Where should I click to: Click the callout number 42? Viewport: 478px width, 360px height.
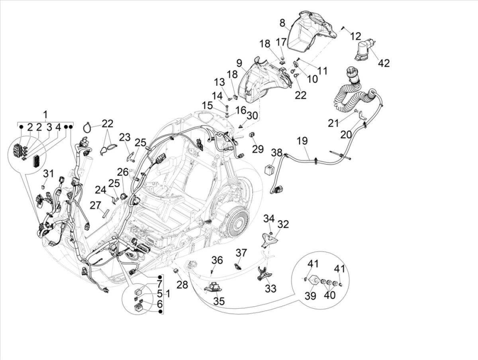tap(384, 63)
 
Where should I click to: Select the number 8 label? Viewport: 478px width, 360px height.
tap(282, 23)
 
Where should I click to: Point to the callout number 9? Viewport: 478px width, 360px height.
tap(239, 63)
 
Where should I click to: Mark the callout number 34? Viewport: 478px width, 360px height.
tap(269, 218)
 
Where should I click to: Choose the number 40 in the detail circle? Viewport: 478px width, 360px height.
tap(330, 295)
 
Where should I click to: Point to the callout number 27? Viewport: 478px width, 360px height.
tap(96, 205)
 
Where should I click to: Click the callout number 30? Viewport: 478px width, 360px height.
tap(252, 115)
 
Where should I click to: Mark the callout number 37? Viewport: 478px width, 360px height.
tap(241, 252)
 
